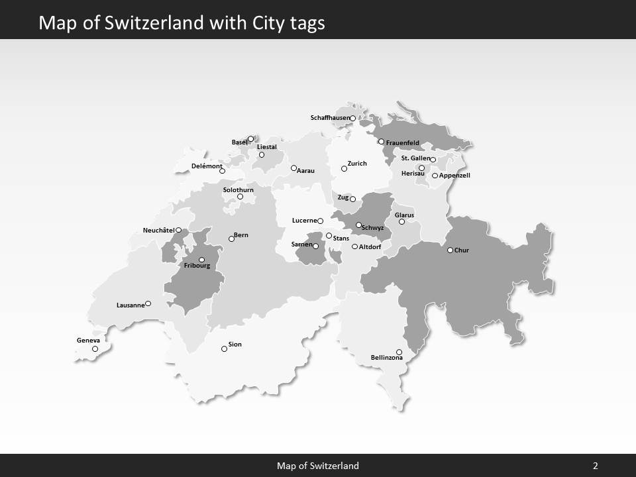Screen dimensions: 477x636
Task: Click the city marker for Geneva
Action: [95, 348]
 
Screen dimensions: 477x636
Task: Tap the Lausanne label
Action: [131, 305]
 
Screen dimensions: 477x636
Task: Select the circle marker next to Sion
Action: [224, 348]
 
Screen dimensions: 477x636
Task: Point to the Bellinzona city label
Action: [387, 358]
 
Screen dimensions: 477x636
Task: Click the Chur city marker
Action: [450, 250]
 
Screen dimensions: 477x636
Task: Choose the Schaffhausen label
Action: [330, 118]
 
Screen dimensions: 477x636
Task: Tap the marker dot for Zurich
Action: [344, 168]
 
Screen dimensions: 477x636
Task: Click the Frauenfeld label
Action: [403, 143]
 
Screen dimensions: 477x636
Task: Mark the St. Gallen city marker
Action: [433, 160]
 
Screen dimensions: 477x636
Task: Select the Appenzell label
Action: [454, 176]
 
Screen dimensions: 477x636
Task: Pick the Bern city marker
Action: [231, 238]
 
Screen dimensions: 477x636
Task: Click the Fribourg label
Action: [197, 266]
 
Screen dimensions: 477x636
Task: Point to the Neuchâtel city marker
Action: [178, 230]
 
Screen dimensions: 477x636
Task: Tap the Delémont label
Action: [207, 166]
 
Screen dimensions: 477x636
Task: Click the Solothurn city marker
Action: [240, 196]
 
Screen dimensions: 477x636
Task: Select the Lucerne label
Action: [305, 221]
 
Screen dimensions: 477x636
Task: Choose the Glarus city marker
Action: [401, 221]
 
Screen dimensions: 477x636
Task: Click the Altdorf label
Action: [370, 247]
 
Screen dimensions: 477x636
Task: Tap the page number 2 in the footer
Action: [596, 466]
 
